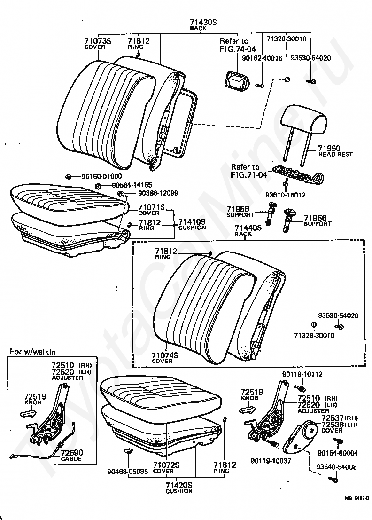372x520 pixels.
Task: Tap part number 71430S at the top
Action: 203,22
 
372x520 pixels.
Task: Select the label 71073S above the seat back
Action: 97,41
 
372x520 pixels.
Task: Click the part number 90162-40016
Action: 262,58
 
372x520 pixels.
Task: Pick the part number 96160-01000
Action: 101,177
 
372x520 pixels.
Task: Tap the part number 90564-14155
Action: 132,185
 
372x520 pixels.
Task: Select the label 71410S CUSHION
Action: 192,224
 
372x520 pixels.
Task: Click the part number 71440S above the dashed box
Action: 248,228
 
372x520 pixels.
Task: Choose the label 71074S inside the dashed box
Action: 165,355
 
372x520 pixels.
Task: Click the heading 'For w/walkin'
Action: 33,352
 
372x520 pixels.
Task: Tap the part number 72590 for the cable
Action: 72,452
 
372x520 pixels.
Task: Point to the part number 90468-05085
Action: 128,471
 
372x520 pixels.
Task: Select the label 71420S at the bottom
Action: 179,485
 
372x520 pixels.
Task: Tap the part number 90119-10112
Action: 302,374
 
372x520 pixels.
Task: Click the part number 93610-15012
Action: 285,195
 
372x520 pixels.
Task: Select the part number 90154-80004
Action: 338,453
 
